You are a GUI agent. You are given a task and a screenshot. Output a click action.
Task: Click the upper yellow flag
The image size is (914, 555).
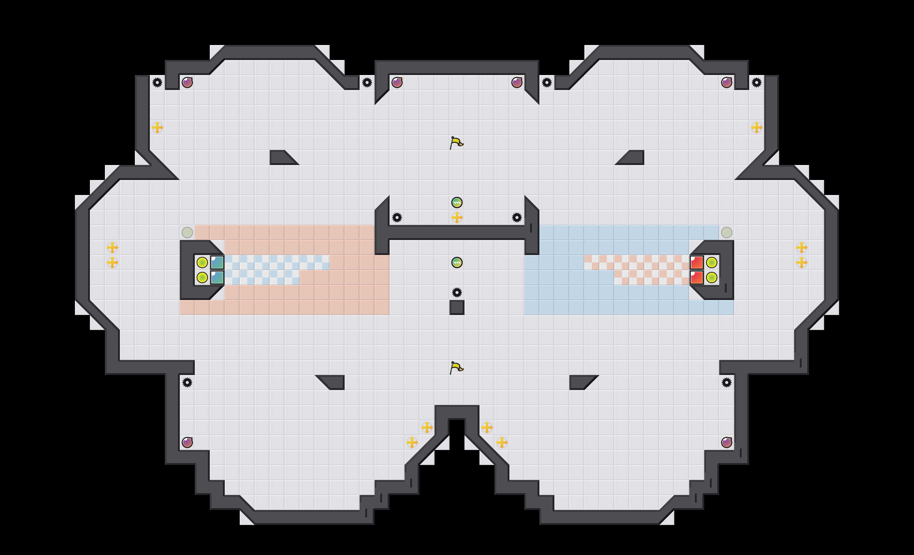456,143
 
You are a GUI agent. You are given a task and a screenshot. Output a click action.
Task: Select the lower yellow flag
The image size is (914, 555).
456,368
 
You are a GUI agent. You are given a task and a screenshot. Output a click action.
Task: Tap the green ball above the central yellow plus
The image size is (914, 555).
457,202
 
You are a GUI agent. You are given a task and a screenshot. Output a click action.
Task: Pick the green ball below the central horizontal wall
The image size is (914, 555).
457,262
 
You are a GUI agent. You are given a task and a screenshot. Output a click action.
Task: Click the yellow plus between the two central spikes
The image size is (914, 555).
457,217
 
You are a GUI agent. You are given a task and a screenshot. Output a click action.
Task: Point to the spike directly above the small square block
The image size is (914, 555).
457,292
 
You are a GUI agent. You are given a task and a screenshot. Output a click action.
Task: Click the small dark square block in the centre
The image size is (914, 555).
457,307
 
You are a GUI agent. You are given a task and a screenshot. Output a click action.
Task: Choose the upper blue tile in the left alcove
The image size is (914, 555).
217,262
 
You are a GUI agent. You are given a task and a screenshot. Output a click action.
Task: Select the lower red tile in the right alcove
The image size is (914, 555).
697,277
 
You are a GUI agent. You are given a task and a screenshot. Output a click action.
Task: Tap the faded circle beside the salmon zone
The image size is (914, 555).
187,232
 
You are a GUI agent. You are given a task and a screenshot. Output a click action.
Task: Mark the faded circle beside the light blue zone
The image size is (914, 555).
727,232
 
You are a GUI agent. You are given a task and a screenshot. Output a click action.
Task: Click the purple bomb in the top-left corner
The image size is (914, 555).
187,82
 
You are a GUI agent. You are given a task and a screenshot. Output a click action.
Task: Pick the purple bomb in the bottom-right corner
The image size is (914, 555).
727,442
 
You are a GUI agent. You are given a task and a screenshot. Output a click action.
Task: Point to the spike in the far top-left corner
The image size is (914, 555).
157,82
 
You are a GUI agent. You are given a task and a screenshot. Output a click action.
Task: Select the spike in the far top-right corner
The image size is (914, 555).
757,82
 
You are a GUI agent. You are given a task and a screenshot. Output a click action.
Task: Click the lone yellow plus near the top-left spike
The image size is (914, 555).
157,127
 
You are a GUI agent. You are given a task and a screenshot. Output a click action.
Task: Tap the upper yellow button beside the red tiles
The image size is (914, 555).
712,262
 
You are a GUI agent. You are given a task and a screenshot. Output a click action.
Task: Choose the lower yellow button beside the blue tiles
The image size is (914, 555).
202,277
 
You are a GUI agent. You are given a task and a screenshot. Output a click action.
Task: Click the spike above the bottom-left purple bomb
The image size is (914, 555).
187,382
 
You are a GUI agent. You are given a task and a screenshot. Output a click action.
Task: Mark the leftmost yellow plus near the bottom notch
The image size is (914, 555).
412,442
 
